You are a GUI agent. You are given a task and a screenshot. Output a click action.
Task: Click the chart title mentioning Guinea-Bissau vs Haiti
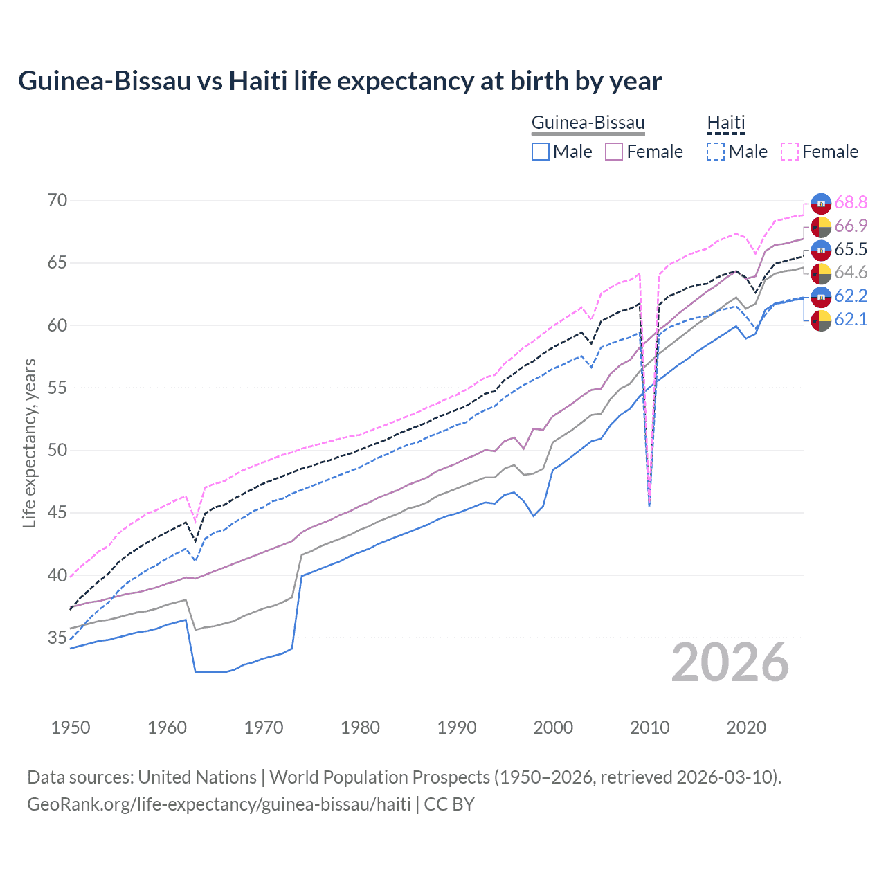pos(340,81)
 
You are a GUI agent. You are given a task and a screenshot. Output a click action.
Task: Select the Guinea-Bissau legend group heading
pos(588,123)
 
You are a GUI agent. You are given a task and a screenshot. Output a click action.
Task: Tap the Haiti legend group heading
pos(725,123)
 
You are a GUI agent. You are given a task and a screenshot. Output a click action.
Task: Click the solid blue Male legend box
pos(541,152)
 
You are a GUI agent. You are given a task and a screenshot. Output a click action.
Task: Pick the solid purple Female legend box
pos(614,152)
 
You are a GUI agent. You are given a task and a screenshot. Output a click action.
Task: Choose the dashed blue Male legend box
pos(716,152)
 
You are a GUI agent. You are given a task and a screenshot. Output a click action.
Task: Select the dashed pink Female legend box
pos(789,152)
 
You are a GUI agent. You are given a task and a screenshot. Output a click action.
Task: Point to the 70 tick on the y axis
pos(57,201)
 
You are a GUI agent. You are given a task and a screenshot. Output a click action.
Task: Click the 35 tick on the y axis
pos(57,638)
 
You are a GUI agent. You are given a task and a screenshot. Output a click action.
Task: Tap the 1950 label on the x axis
pos(71,727)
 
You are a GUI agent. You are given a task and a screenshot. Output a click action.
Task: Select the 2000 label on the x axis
pos(553,727)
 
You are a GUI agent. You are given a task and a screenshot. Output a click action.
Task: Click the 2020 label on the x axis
pos(746,727)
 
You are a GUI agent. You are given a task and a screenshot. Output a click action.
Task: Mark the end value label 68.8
pos(851,203)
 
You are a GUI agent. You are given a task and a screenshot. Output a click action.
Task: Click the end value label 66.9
pos(851,226)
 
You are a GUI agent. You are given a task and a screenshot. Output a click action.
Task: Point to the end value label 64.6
pos(851,273)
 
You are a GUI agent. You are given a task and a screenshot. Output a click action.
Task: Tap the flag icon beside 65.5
pos(821,250)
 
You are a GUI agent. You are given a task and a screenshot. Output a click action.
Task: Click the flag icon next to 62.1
pos(821,320)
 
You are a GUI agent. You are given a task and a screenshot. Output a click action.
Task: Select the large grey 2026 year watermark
pos(730,662)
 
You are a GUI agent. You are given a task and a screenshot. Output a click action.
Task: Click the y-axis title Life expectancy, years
pos(30,443)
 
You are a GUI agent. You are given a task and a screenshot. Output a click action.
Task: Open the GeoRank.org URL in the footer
pos(219,804)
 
